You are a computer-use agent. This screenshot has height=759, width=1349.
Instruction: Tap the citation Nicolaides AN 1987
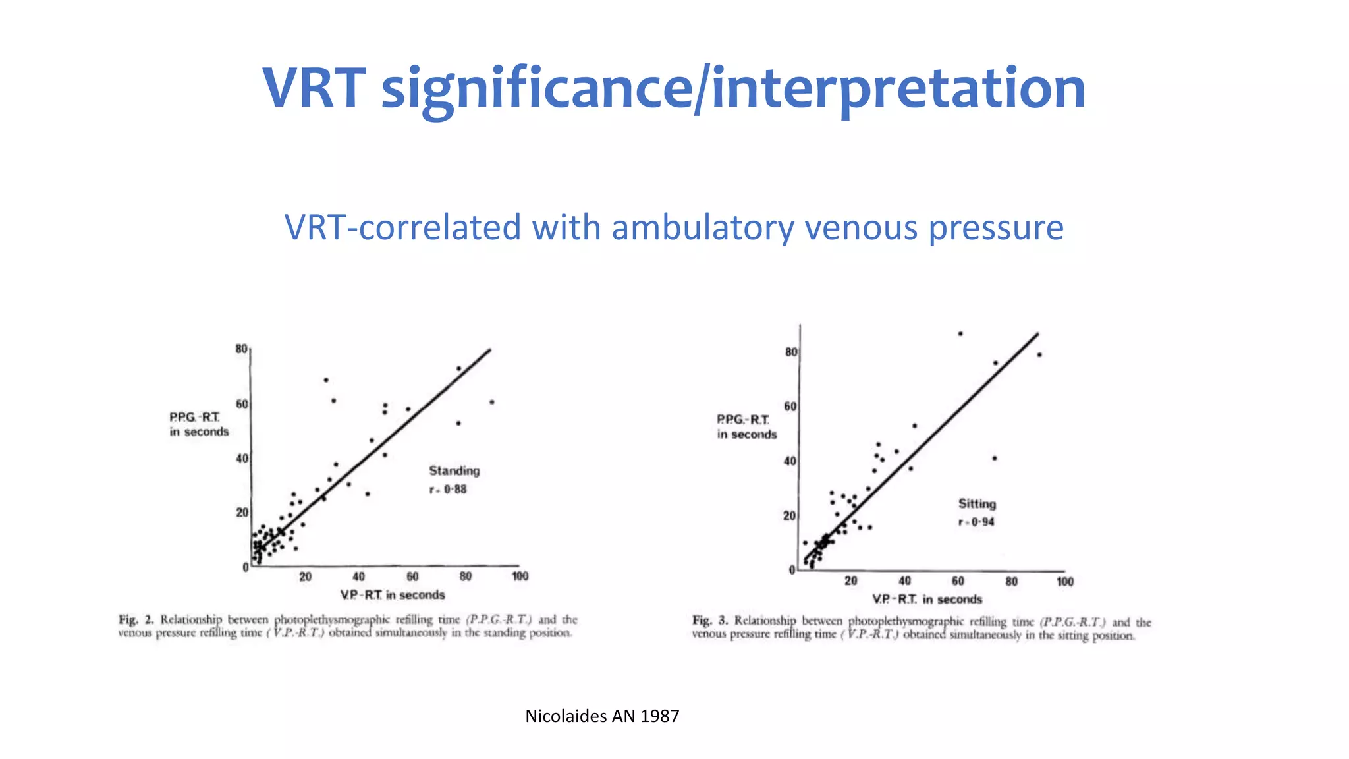tap(602, 716)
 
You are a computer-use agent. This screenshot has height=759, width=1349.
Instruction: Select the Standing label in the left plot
tap(454, 471)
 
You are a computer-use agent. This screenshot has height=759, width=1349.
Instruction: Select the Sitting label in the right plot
tap(977, 504)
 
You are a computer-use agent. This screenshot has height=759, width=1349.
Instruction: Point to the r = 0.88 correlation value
tap(448, 490)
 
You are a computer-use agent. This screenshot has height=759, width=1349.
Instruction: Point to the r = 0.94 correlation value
tap(976, 522)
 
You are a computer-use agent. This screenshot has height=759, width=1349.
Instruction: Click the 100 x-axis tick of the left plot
tap(520, 576)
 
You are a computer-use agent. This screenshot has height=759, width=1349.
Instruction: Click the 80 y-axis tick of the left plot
tap(242, 349)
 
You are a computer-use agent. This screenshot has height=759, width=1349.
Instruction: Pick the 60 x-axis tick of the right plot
tap(958, 581)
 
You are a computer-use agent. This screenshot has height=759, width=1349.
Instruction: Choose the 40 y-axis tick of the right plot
tap(790, 461)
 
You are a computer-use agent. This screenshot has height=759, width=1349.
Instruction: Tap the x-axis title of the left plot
tap(393, 595)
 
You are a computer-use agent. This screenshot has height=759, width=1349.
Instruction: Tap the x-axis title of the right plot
tap(927, 600)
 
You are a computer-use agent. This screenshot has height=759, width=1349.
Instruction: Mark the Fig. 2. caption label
tap(136, 620)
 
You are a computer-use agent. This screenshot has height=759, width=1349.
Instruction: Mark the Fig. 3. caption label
tap(710, 621)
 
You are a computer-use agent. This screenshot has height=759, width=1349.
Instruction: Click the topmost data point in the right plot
tap(960, 334)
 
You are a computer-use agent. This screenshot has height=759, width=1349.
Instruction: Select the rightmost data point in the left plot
tap(492, 402)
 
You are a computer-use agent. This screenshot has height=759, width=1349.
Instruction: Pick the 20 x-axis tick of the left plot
tap(306, 577)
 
